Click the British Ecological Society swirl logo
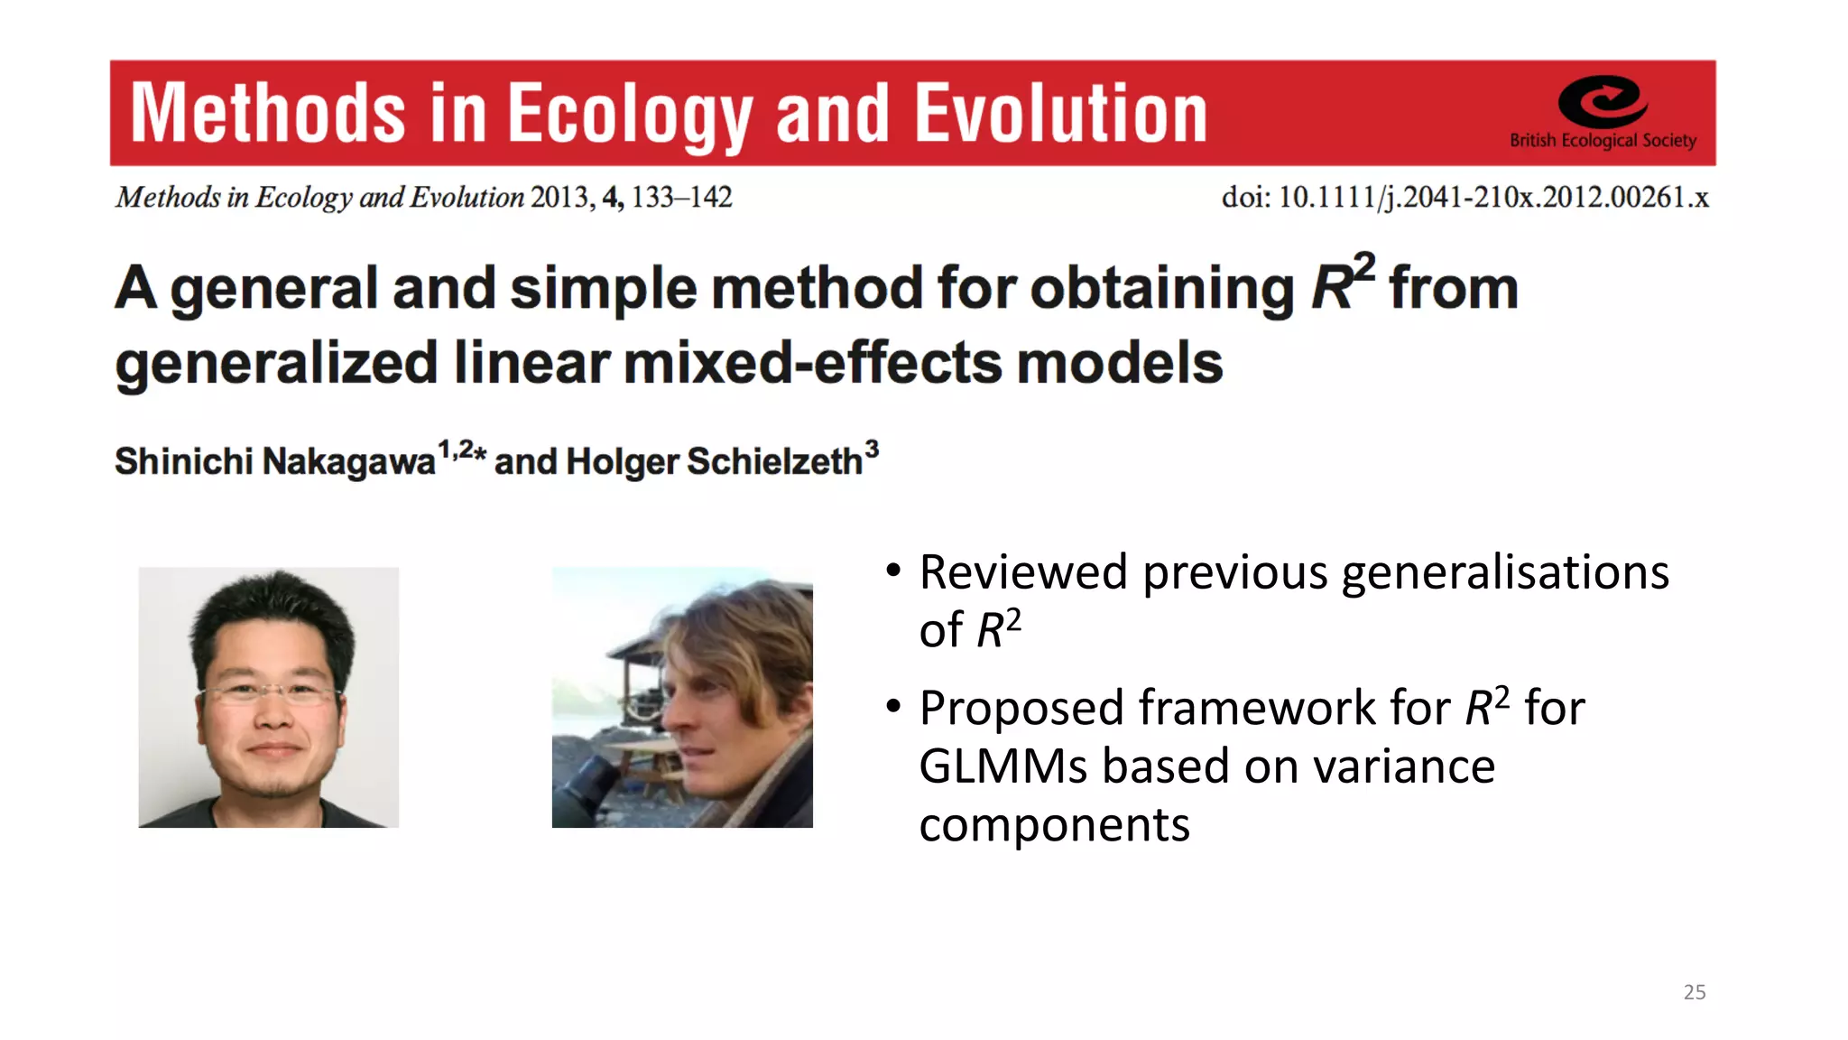point(1603,101)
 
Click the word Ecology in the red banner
point(629,114)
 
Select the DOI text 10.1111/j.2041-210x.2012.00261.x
point(1493,197)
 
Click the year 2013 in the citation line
point(559,197)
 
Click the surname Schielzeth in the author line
point(774,461)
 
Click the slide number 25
point(1694,992)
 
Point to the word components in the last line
point(1054,825)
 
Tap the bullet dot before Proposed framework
point(893,706)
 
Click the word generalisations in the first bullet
point(1504,572)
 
